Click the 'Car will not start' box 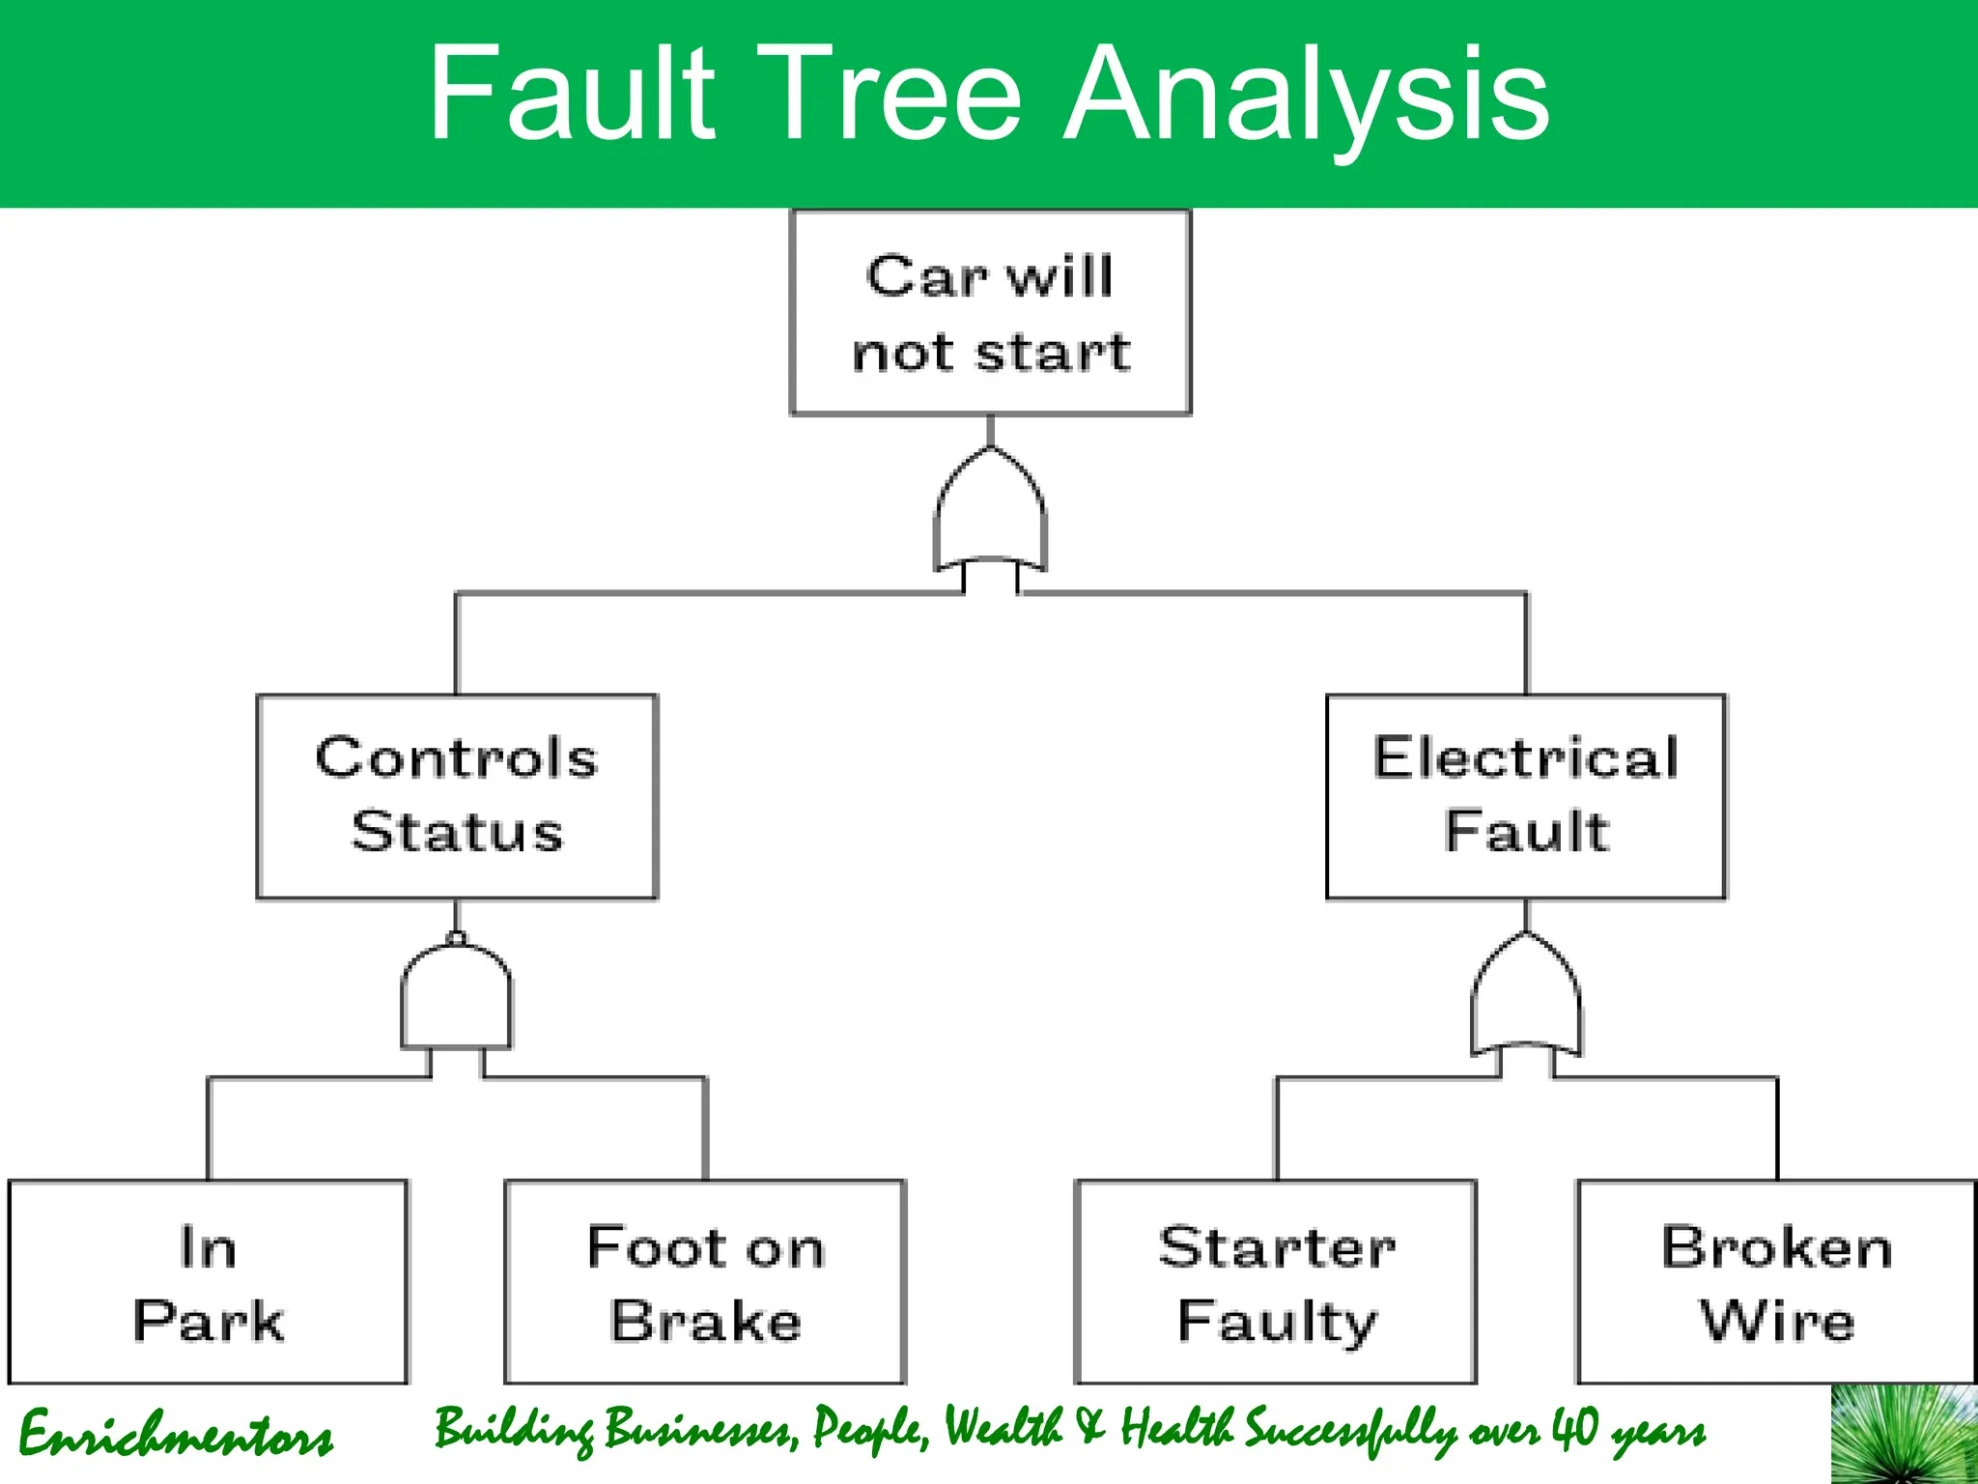click(990, 313)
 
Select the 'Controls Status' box click(457, 796)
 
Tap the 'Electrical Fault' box click(1526, 796)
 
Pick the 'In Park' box click(209, 1282)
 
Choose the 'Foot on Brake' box click(705, 1282)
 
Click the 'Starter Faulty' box click(1276, 1282)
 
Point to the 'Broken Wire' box click(1776, 1282)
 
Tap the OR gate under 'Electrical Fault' click(1526, 1000)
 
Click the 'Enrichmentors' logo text click(176, 1434)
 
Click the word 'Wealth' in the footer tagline click(1002, 1427)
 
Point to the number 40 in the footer click(1574, 1428)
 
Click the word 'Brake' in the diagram click(705, 1321)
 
